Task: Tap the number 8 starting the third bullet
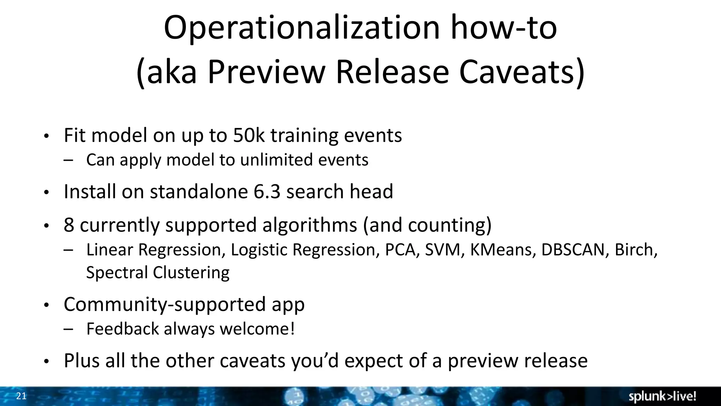(x=69, y=225)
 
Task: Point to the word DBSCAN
(x=572, y=250)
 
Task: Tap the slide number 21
(x=21, y=396)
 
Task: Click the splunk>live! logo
(x=662, y=396)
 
